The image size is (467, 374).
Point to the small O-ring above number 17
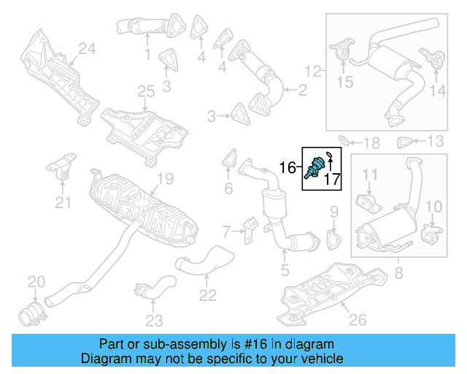point(329,154)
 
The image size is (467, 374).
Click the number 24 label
point(88,49)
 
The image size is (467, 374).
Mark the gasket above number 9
point(334,238)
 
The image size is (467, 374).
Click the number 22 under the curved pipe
point(208,295)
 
